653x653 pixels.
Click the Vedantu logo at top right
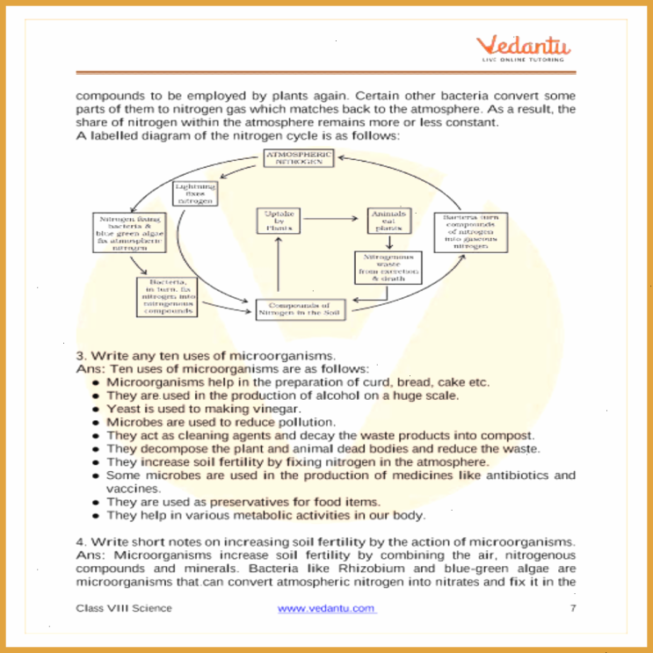[x=524, y=48]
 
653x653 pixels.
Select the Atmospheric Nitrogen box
[x=300, y=158]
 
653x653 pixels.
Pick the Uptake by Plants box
[x=278, y=221]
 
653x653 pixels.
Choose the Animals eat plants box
[x=388, y=221]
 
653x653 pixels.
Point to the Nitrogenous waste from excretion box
[x=387, y=267]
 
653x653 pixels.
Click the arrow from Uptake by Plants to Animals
[x=332, y=219]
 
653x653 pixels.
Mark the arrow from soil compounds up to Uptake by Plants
[x=278, y=266]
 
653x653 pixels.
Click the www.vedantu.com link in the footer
[x=326, y=608]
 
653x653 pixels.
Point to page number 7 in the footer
[x=572, y=608]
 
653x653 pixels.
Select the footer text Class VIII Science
[x=124, y=608]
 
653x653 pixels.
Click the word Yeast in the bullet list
[x=124, y=409]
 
